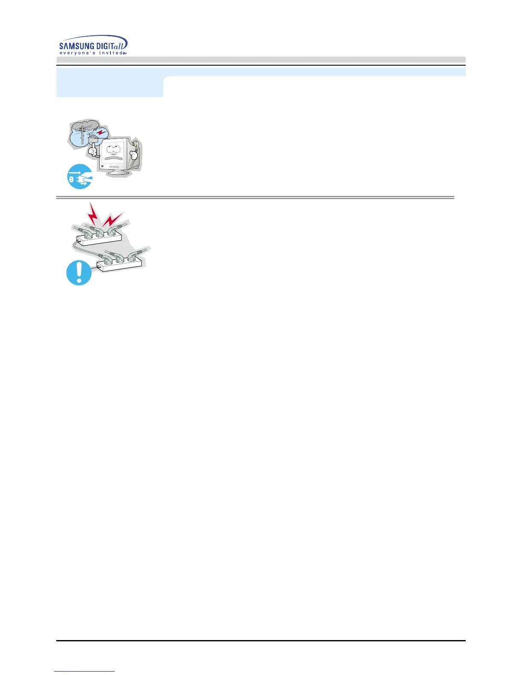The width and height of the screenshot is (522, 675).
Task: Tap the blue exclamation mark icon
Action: tap(79, 273)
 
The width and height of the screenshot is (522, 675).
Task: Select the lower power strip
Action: tap(119, 263)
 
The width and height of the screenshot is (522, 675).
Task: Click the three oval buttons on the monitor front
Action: tap(114, 167)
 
